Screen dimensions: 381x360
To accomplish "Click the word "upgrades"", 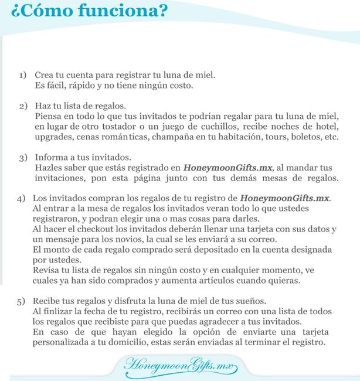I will point(52,137).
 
